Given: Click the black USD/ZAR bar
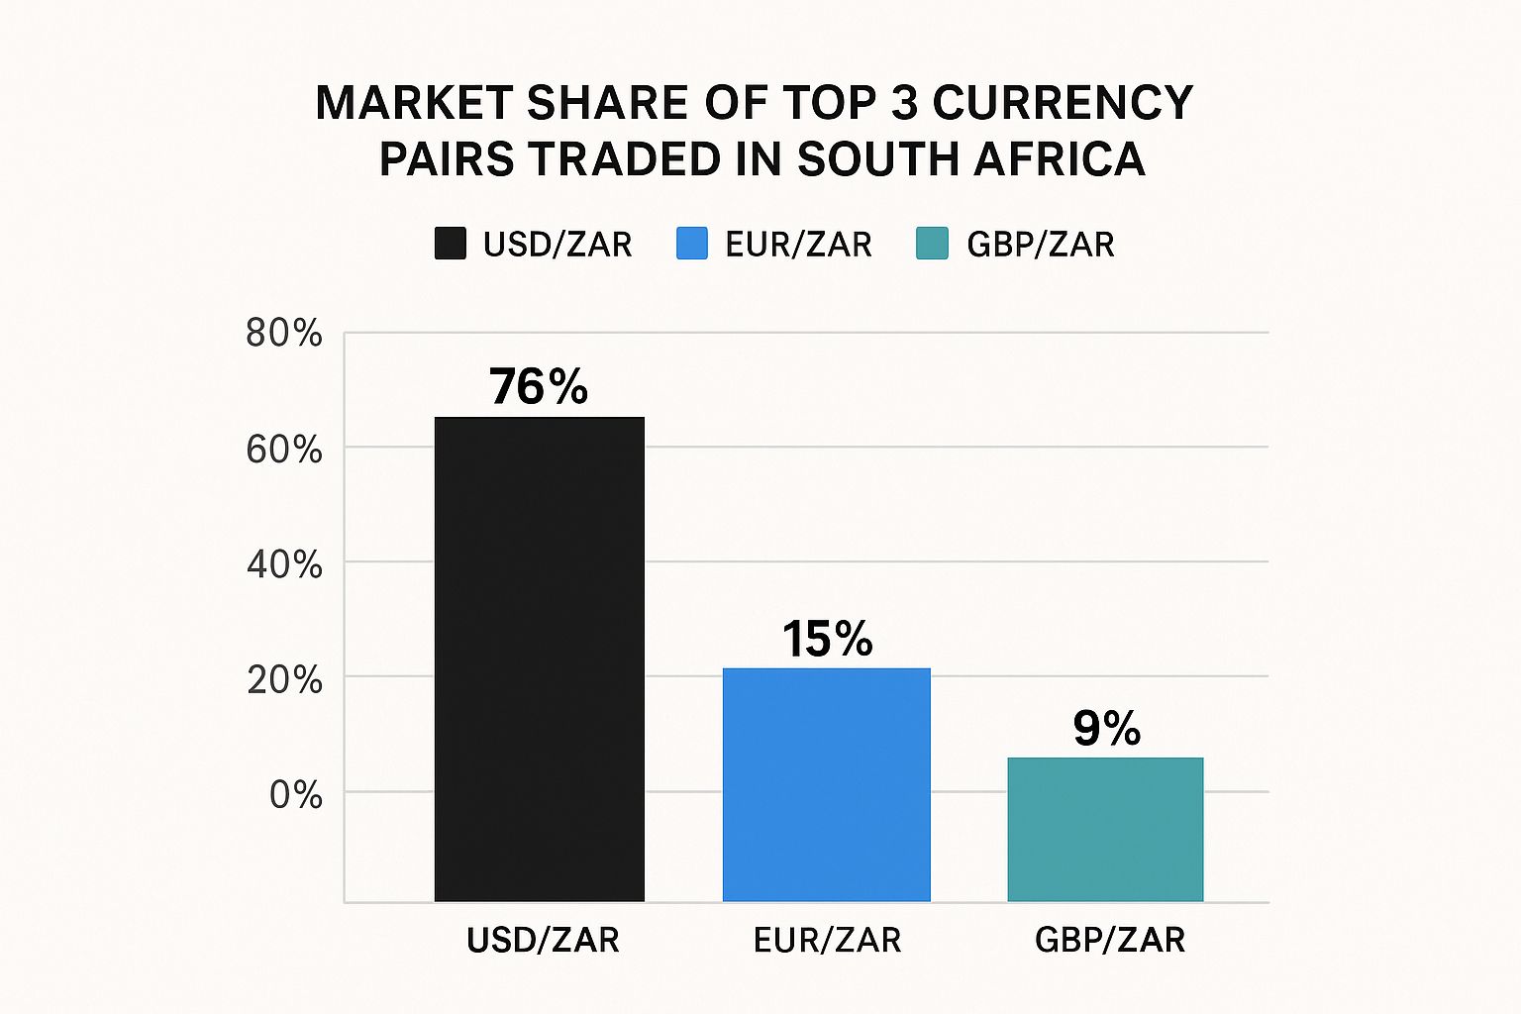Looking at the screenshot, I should [540, 659].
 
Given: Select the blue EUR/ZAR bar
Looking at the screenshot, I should [827, 784].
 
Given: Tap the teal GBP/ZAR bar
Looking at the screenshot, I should [1105, 829].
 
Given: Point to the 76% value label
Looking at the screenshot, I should [539, 386].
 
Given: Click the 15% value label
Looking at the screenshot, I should [828, 639].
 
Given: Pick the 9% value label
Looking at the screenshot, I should [1106, 729].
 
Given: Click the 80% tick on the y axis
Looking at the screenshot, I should [284, 334].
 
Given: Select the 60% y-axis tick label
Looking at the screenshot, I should [284, 450].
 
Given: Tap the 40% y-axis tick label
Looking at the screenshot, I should [284, 564].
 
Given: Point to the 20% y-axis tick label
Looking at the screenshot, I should [284, 680].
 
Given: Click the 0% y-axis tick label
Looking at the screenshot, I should [295, 794].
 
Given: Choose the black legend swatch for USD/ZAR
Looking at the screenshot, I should [451, 244].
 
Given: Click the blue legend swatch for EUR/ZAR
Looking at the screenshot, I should [692, 244].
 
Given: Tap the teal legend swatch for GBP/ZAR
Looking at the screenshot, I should [933, 244].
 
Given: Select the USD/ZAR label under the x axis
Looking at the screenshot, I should [543, 940].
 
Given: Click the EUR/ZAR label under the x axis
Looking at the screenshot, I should [828, 940].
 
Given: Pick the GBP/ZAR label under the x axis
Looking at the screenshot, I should [1110, 940].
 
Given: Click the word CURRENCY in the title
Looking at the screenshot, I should [1063, 103].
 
